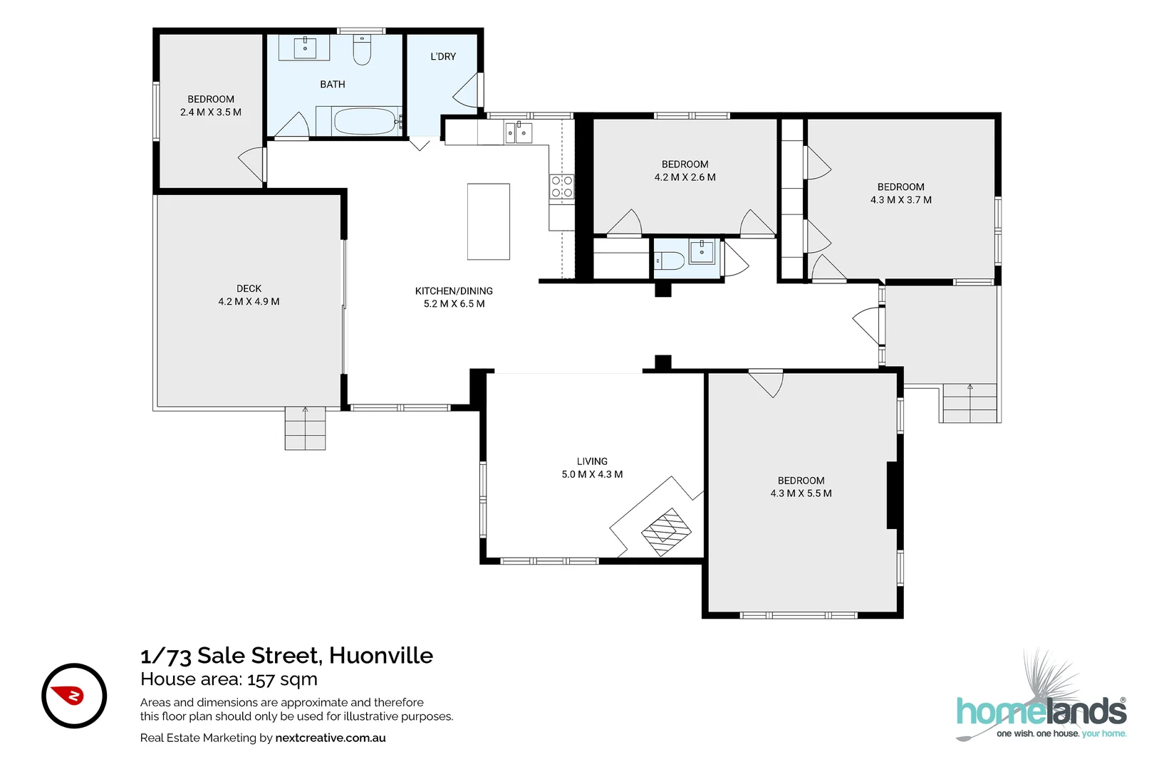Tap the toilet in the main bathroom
click(362, 50)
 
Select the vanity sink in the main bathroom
click(305, 48)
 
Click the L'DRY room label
click(443, 56)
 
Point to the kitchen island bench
click(488, 221)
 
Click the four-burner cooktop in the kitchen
click(561, 187)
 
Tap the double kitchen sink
click(518, 132)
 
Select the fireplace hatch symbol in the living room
click(666, 531)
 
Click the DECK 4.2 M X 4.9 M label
click(249, 295)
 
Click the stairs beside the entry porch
click(970, 403)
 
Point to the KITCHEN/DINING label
click(454, 291)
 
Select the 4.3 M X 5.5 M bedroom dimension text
click(801, 493)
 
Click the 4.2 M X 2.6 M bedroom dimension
click(685, 177)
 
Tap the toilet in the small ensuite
click(669, 261)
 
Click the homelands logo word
click(1041, 712)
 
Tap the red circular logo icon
click(74, 696)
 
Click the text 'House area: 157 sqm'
click(229, 679)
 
